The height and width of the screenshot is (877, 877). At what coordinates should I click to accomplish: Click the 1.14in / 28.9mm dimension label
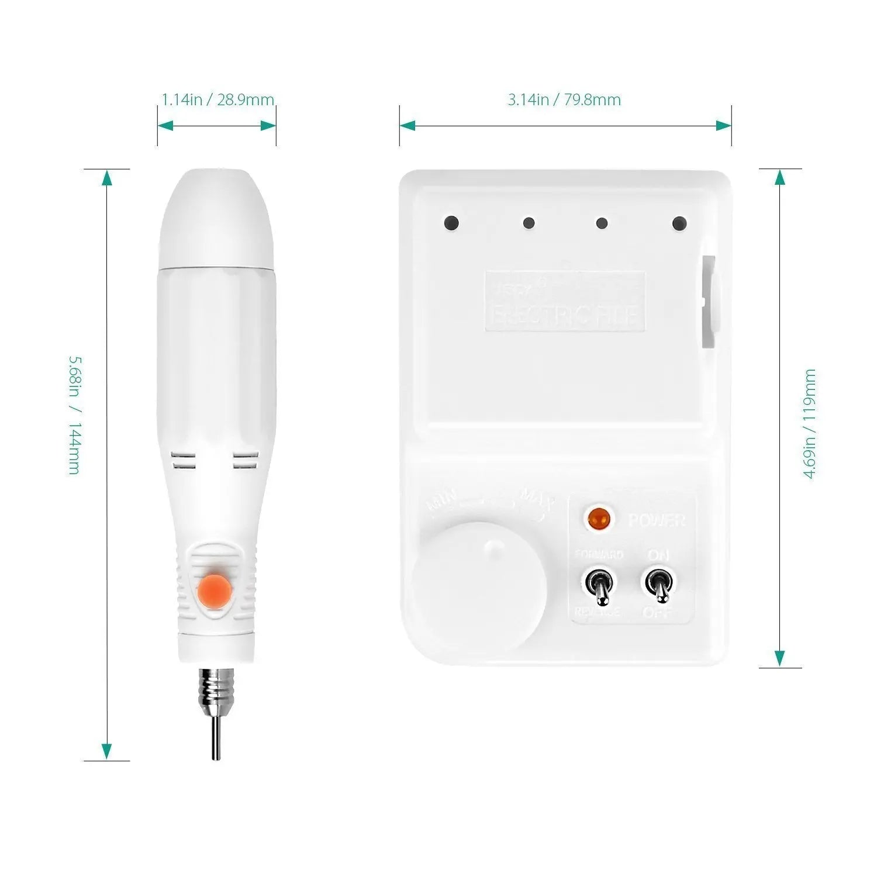pyautogui.click(x=217, y=100)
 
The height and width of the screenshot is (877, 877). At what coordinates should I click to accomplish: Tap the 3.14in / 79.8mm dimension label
pyautogui.click(x=564, y=100)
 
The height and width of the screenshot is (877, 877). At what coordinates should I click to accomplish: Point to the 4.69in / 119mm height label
pyautogui.click(x=810, y=424)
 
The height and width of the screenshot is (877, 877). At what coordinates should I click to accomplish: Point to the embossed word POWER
pyautogui.click(x=657, y=520)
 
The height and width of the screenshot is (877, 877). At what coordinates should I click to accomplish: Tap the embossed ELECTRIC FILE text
pyautogui.click(x=565, y=316)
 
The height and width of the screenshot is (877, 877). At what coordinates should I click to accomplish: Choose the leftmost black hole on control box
pyautogui.click(x=451, y=223)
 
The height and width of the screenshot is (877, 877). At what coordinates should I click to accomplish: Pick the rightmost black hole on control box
pyautogui.click(x=679, y=223)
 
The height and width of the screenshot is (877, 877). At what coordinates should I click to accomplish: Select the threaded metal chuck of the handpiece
pyautogui.click(x=216, y=690)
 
